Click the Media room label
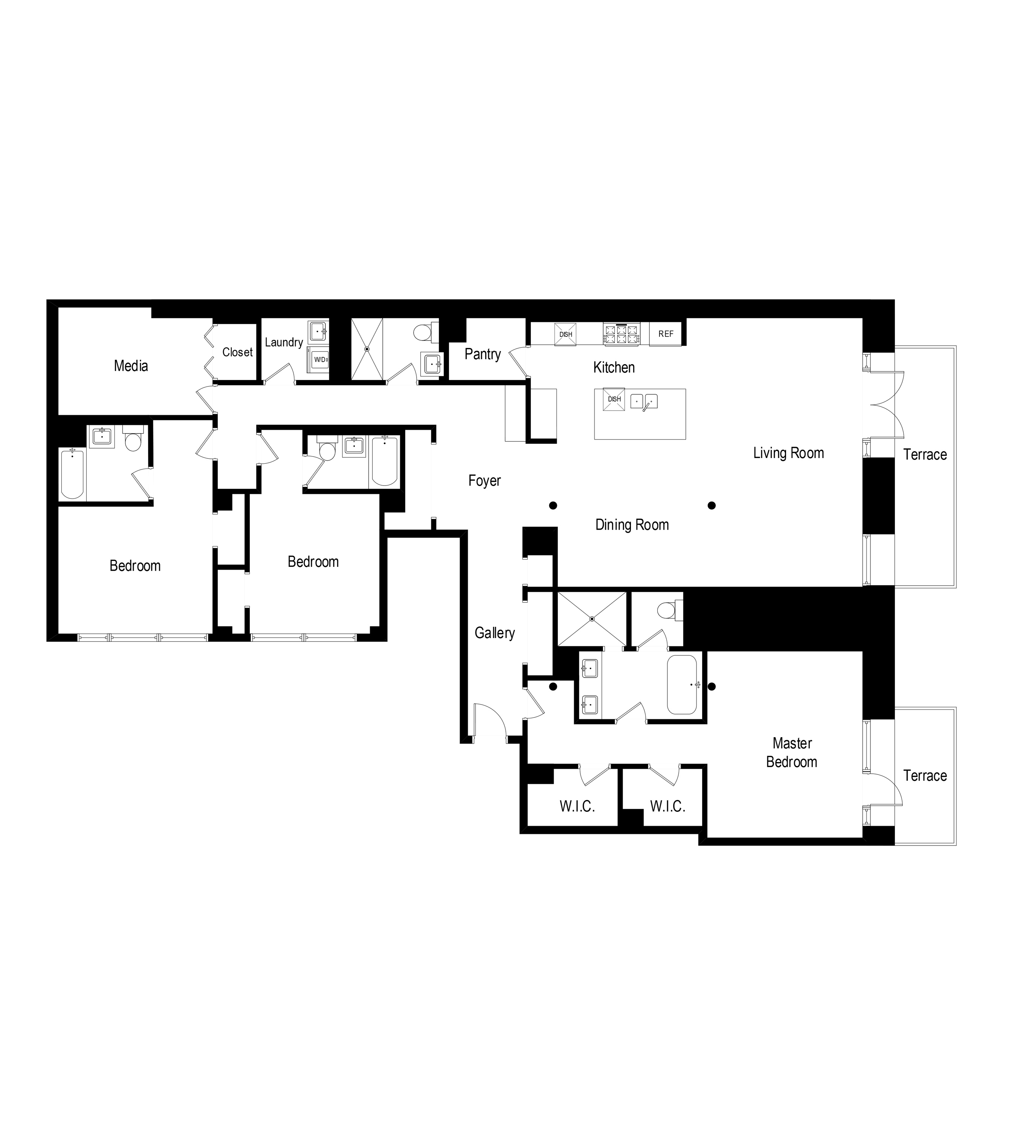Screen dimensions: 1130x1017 coord(131,366)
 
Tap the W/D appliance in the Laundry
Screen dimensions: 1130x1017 coord(319,359)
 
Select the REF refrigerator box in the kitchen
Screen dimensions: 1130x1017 coord(666,334)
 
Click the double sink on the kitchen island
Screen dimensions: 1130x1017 coord(644,401)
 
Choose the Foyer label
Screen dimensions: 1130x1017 coord(484,481)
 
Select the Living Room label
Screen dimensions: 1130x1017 coord(788,453)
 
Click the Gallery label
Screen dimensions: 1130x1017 coord(495,633)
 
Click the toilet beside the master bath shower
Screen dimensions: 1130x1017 coord(667,610)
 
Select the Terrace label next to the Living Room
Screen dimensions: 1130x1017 coord(925,454)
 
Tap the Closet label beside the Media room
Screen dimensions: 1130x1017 coord(237,352)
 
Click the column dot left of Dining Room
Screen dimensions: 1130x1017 coord(553,505)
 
